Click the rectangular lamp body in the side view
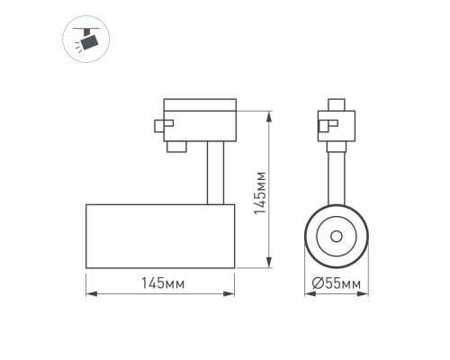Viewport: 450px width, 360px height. click(160, 236)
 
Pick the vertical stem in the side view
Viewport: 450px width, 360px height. click(213, 172)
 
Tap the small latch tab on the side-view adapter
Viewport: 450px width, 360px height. click(162, 126)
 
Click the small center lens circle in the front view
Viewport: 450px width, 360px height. click(336, 236)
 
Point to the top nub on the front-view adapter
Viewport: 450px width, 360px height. click(337, 103)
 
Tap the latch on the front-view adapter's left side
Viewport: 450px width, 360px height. click(324, 126)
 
